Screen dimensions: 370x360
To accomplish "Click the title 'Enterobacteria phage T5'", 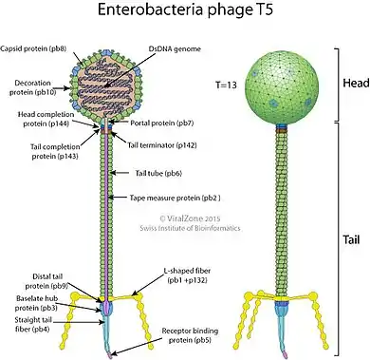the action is tap(185, 9).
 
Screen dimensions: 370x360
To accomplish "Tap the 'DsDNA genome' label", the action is tap(175, 49).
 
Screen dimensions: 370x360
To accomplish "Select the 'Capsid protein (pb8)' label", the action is tap(33, 48).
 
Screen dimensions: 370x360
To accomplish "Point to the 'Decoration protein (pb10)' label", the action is tap(33, 87).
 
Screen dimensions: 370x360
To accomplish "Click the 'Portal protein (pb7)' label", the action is tap(162, 123).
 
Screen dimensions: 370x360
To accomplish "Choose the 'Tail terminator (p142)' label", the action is tap(162, 145).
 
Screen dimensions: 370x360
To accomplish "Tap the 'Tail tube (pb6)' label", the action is tap(158, 173).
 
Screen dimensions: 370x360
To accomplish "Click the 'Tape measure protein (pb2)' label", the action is tap(176, 198).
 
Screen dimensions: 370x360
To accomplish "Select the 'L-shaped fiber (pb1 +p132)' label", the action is tap(187, 275).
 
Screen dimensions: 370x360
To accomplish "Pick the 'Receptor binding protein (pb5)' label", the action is tap(190, 335).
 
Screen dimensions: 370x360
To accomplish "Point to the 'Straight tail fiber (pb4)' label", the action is tap(32, 325).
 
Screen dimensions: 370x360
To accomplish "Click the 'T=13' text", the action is tap(226, 85).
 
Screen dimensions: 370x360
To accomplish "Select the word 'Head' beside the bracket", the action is tap(356, 83).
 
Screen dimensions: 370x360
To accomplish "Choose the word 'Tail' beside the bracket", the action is tap(351, 239).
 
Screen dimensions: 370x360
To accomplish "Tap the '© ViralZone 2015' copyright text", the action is tap(190, 218).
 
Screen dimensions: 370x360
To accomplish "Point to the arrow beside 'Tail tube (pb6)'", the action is tap(120, 173).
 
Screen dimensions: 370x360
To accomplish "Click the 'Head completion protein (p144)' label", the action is tap(46, 119).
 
